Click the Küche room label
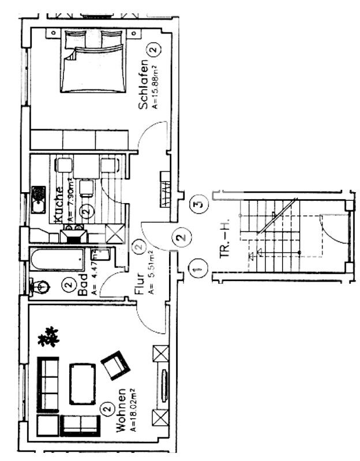[x=58, y=203]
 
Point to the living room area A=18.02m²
[x=133, y=409]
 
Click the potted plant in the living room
[x=48, y=336]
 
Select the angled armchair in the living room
[x=115, y=365]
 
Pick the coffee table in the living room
[x=82, y=384]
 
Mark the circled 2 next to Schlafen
[x=152, y=51]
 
